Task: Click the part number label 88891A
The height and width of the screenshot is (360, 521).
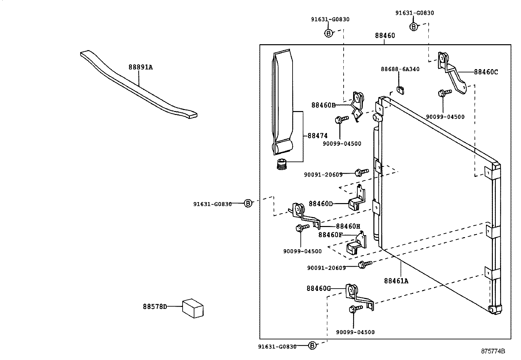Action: coord(140,67)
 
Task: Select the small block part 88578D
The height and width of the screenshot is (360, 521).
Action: coord(193,308)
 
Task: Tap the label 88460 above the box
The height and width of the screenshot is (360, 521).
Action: coord(385,36)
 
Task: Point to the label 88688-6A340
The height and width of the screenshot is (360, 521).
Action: coord(400,69)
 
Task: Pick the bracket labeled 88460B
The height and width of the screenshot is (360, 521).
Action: coord(357,106)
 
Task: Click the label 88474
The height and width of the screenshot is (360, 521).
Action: coord(317,136)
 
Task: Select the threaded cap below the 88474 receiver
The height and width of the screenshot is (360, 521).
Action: coord(281,163)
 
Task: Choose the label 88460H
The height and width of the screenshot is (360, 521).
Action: coord(348,226)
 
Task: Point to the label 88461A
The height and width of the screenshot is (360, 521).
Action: coord(396,281)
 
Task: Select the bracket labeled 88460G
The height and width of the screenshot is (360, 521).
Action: coord(358,296)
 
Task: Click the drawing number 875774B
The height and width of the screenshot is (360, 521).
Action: coord(493,351)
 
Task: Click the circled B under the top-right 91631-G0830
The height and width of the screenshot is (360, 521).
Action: coord(414,27)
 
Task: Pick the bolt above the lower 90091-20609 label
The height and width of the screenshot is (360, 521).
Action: coord(364,264)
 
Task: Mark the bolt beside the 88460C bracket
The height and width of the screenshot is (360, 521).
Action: coord(444,93)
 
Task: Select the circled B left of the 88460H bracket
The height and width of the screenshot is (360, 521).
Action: coord(248,203)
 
